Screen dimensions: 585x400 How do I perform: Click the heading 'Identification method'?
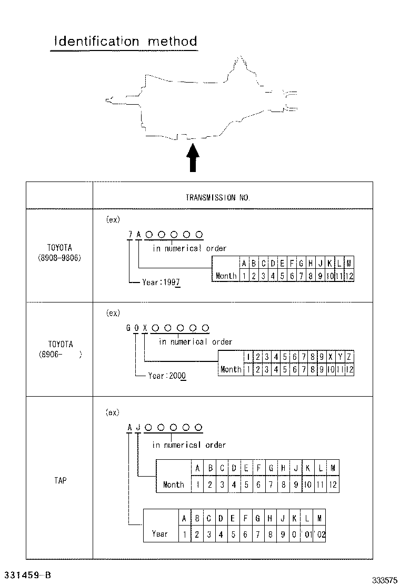[126, 41]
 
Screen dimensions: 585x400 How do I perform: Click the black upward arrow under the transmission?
[193, 157]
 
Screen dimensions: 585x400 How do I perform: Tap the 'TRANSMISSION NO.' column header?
[218, 198]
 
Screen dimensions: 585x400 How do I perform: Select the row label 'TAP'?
[60, 480]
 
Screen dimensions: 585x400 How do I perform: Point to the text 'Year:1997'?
[161, 283]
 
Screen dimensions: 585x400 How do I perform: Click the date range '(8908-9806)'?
[59, 259]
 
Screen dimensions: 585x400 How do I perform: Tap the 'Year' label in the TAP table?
[160, 533]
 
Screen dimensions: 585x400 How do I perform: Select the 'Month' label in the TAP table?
[174, 485]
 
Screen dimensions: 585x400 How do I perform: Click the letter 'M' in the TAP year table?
[319, 518]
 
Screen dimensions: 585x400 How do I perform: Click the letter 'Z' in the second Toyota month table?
[349, 357]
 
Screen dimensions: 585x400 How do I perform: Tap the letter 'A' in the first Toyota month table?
[244, 263]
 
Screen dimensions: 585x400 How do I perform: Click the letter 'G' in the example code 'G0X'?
[128, 328]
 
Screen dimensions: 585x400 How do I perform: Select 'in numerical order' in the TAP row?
[189, 445]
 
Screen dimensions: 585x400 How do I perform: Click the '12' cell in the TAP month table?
[333, 485]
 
